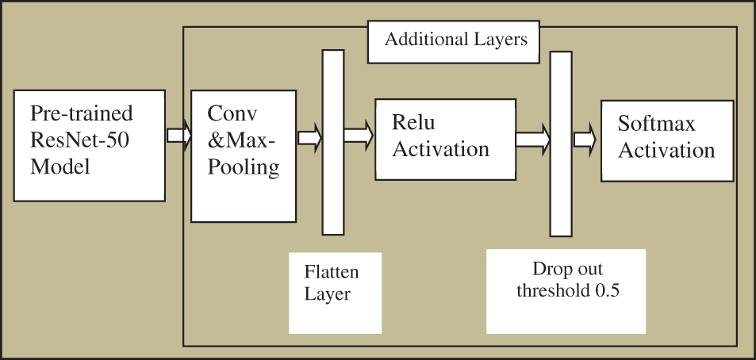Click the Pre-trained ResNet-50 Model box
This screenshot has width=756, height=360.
click(90, 145)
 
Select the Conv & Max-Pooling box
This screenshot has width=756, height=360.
click(244, 155)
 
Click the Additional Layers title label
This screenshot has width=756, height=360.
click(454, 40)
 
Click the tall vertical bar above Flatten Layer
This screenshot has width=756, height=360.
click(333, 142)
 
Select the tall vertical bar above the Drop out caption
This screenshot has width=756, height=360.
click(561, 143)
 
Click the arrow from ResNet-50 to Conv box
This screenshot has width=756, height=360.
click(178, 135)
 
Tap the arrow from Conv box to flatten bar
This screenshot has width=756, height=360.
click(309, 137)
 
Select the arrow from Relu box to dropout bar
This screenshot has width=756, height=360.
click(532, 140)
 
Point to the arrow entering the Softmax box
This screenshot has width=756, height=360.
click(585, 140)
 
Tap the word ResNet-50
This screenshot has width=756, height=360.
click(79, 142)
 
